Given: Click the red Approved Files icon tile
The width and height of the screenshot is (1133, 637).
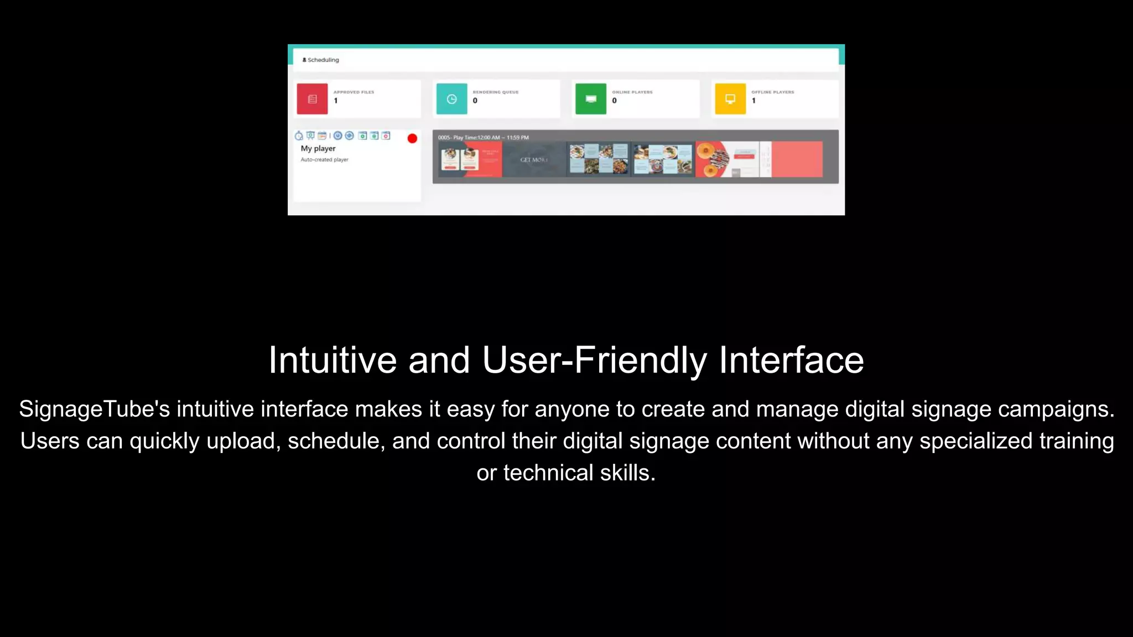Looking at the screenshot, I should pyautogui.click(x=312, y=99).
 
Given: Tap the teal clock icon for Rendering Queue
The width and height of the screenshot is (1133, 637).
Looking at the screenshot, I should pyautogui.click(x=451, y=99).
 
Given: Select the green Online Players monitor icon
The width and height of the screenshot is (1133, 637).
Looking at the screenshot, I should pyautogui.click(x=591, y=99).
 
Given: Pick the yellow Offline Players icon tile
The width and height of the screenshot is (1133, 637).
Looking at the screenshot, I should pyautogui.click(x=730, y=99).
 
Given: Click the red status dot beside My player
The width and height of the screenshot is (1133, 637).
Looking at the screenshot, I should pyautogui.click(x=412, y=138).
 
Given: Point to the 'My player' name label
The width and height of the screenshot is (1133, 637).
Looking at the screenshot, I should pyautogui.click(x=318, y=148).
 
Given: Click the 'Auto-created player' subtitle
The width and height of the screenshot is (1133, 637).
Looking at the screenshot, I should pyautogui.click(x=325, y=160).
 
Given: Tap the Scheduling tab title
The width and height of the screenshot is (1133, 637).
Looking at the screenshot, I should pyautogui.click(x=323, y=60).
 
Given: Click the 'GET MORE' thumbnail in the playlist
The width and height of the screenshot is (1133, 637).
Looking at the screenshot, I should pyautogui.click(x=534, y=160).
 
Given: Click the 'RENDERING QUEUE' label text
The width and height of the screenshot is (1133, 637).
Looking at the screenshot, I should pyautogui.click(x=496, y=92).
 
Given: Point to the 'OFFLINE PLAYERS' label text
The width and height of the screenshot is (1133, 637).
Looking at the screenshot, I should pyautogui.click(x=772, y=92).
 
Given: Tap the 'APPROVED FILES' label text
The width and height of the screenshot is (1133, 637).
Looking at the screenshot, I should pyautogui.click(x=354, y=92).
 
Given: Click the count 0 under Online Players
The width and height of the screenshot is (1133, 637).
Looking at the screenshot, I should pyautogui.click(x=614, y=101).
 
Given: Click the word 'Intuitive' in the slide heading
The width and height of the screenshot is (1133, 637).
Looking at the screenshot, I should pyautogui.click(x=332, y=360).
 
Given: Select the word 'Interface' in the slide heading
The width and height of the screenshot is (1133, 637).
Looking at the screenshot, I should pyautogui.click(x=791, y=360).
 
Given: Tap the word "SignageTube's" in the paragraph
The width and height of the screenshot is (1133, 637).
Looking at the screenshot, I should pyautogui.click(x=95, y=409).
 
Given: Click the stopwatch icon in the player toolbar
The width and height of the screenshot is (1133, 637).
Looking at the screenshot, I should pyautogui.click(x=299, y=135).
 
